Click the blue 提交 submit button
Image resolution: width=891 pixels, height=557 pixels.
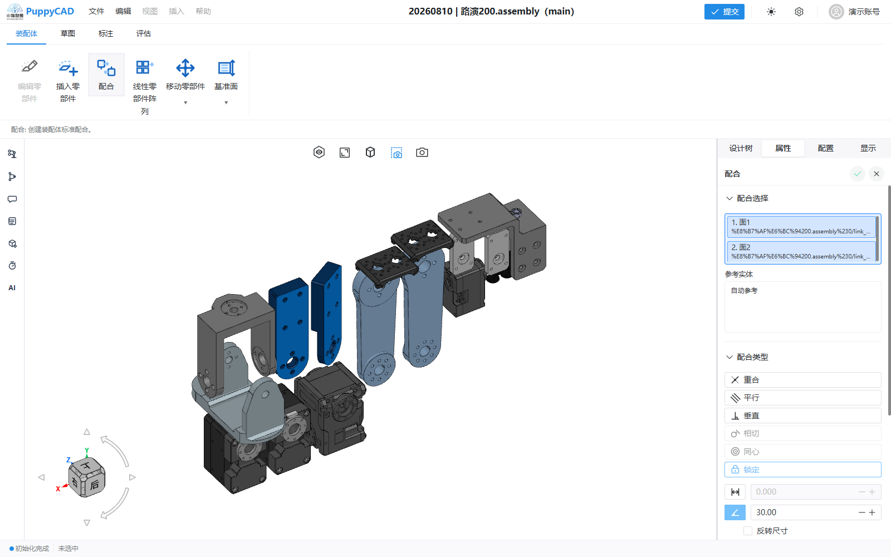724,12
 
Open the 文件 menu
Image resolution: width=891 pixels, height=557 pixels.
96,11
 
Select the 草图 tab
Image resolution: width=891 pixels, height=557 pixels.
67,33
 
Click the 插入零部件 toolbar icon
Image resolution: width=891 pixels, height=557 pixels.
68,68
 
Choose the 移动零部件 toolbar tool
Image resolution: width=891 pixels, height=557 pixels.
185,68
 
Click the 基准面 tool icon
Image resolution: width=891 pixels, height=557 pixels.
226,68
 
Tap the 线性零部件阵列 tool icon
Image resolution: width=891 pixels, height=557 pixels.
144,67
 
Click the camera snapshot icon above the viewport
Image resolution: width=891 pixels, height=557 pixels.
422,153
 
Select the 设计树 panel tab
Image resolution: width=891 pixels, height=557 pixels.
741,148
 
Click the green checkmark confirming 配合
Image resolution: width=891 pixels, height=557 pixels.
857,174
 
